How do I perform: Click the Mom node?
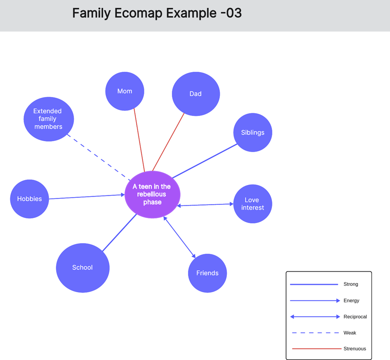[125, 91]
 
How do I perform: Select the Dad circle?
[196, 94]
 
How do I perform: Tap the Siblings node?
[253, 133]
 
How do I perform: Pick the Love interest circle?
[253, 204]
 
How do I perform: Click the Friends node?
[208, 273]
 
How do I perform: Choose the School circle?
[83, 268]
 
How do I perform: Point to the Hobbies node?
[29, 199]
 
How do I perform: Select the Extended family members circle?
[48, 119]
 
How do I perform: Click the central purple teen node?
[152, 195]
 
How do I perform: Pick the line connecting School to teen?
[119, 232]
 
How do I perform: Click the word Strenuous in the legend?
[355, 349]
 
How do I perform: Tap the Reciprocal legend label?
[355, 317]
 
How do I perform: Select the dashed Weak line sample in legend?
[314, 333]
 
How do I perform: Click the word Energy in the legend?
[351, 301]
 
